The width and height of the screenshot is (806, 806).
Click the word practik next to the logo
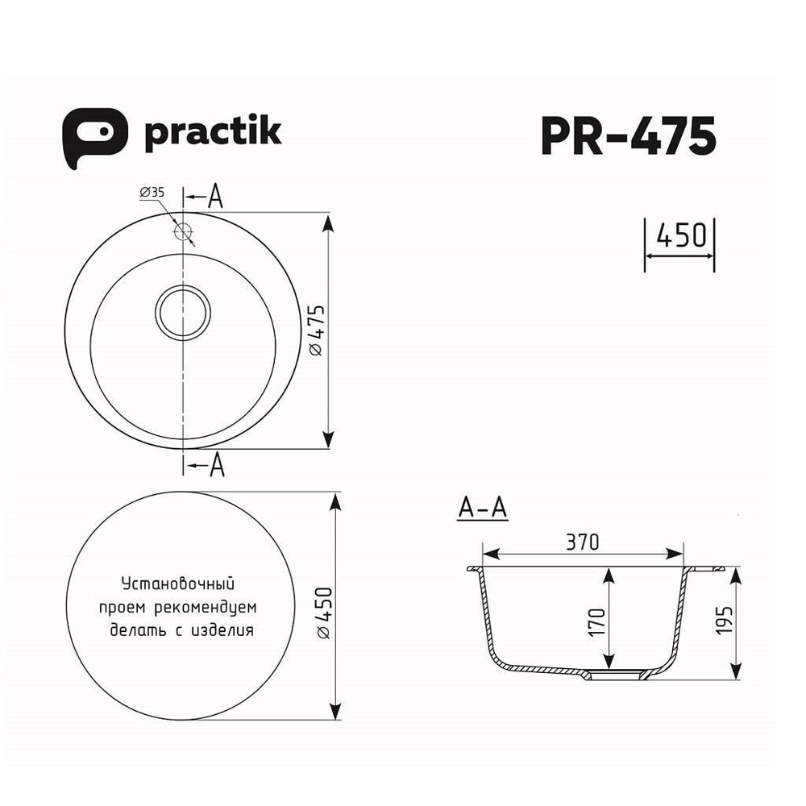click(x=212, y=133)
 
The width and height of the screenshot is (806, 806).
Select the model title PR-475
click(x=628, y=135)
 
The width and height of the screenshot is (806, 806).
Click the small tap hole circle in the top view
click(x=184, y=231)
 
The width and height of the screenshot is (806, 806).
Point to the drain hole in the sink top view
click(x=184, y=312)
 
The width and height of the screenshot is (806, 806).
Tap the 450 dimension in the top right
click(x=680, y=235)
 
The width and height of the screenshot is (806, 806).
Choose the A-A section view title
click(x=481, y=509)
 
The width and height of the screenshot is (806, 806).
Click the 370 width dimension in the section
click(x=582, y=542)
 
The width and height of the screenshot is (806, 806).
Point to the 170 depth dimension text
click(x=596, y=621)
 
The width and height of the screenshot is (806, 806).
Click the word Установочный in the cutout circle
click(x=177, y=582)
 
